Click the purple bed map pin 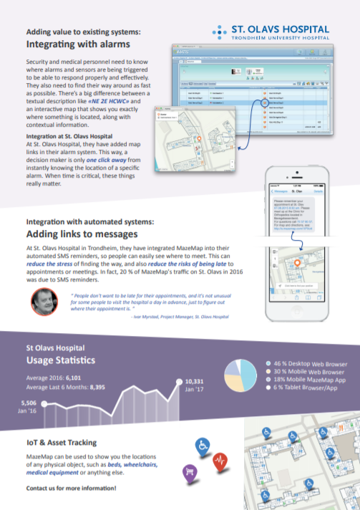point(190,472)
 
